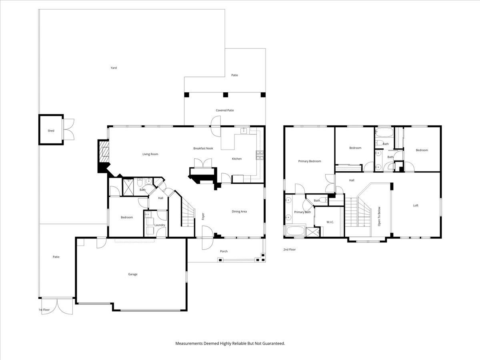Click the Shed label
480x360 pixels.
(51, 131)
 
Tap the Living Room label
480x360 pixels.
(150, 154)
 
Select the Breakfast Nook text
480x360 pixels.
(203, 148)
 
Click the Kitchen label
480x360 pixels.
(237, 159)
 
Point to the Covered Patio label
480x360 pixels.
(225, 110)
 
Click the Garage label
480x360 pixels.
(133, 274)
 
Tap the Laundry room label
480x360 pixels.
(160, 225)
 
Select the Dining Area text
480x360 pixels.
(239, 212)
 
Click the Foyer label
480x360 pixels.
(203, 216)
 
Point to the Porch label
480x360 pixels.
(224, 251)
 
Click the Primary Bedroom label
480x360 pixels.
(310, 161)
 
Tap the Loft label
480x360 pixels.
(416, 206)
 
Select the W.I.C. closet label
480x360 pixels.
(330, 222)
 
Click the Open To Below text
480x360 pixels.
(379, 216)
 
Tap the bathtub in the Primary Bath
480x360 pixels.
(295, 231)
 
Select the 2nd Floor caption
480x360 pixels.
(290, 249)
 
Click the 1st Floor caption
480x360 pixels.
(44, 310)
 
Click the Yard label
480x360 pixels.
(114, 68)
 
